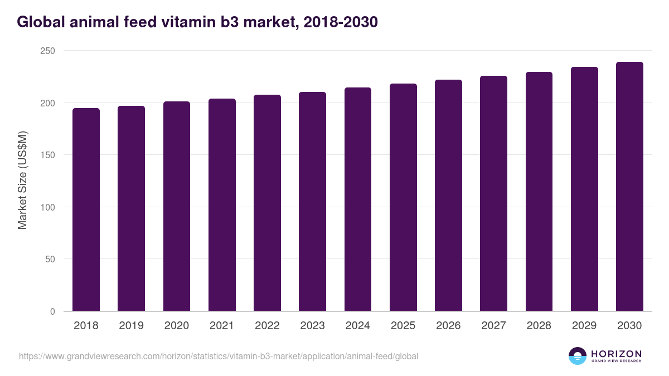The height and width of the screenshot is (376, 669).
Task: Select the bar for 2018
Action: coord(86,209)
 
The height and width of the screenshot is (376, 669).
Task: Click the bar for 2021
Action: coord(222,205)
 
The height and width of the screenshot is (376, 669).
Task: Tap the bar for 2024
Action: coord(357,199)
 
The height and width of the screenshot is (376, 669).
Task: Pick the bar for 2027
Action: coord(493,193)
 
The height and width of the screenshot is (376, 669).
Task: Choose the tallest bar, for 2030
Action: coord(629,187)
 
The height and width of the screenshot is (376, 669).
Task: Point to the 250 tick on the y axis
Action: coord(49,51)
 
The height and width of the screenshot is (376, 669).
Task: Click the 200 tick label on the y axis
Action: coord(49,103)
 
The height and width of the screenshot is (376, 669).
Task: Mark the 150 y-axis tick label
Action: coord(49,155)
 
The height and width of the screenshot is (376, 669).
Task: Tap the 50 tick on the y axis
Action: coord(51,259)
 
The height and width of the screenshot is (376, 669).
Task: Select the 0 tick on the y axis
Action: coord(53,311)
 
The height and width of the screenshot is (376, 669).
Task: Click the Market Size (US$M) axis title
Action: coord(22,180)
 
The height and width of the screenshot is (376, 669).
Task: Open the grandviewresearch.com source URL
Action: coord(219,356)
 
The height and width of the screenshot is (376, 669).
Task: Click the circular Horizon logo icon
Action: coord(578,356)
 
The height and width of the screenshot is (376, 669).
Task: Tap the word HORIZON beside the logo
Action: coord(616,353)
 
